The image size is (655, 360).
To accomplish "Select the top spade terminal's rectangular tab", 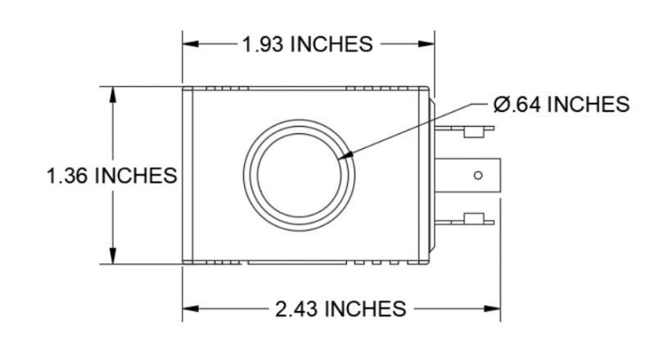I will [472, 130].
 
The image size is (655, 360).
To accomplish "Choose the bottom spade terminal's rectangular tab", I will [472, 218].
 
